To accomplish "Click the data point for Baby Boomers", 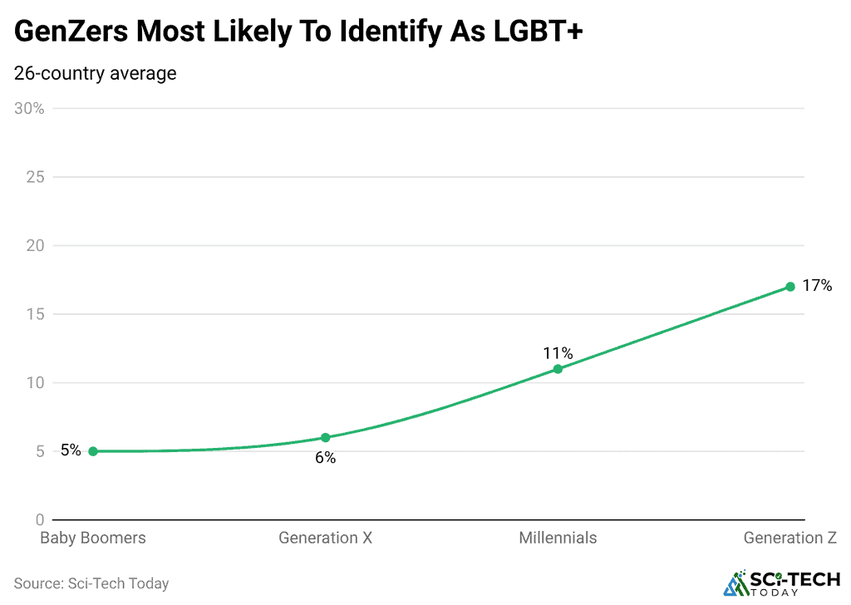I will [x=93, y=451].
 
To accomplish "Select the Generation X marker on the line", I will [x=326, y=437].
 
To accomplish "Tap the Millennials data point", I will [x=558, y=368].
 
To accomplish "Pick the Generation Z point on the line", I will [x=790, y=287].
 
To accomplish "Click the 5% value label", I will [x=71, y=450].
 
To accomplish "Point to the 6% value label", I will [x=325, y=458].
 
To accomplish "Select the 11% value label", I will [x=558, y=353].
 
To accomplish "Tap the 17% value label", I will [x=817, y=286].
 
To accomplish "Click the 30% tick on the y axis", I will [x=30, y=109].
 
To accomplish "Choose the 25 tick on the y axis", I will [x=36, y=177].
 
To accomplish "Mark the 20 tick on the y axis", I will [x=36, y=246].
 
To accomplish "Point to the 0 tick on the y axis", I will [x=39, y=520].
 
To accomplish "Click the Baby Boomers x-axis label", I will [x=93, y=538].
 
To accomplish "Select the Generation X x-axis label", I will [x=325, y=538].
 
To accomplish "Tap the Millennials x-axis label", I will [x=558, y=538].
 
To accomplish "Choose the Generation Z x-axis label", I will [x=790, y=538].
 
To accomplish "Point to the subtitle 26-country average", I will [x=96, y=73].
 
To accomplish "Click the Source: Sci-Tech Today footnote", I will [x=91, y=583].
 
